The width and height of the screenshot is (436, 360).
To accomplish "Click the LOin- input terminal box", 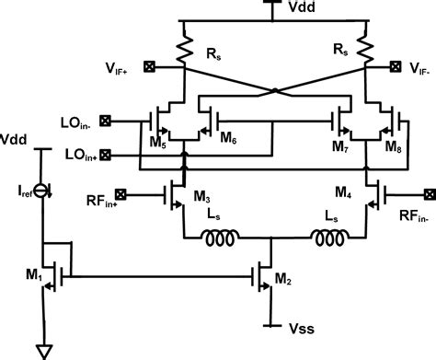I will click(105, 120).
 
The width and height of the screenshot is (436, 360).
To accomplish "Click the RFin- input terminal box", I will click(427, 193).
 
